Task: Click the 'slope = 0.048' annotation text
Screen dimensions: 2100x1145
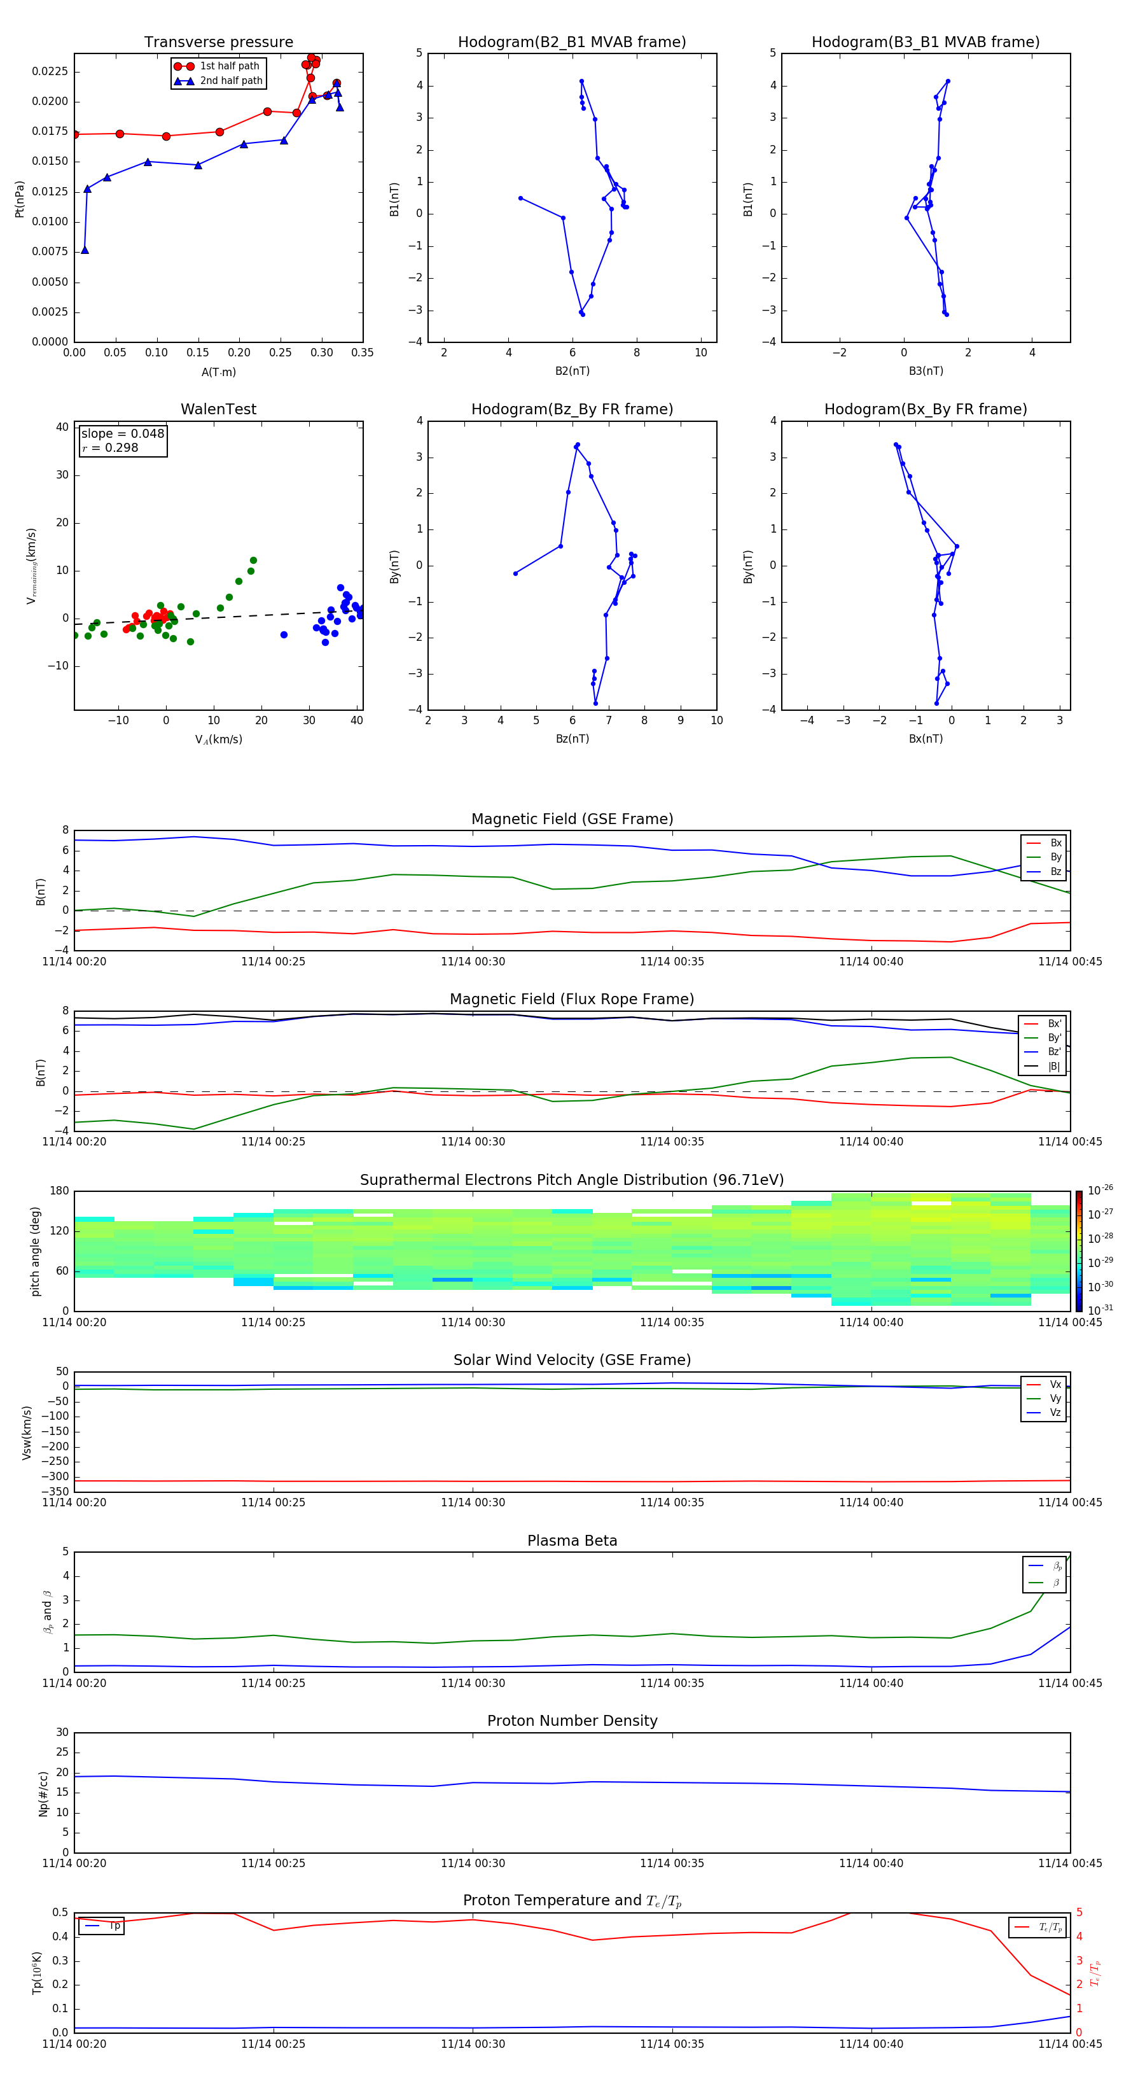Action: click(x=122, y=434)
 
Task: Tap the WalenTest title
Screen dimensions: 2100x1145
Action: click(x=218, y=409)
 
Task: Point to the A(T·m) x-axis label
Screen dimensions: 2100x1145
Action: click(x=218, y=372)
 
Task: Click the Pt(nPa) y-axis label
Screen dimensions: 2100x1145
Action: click(x=20, y=199)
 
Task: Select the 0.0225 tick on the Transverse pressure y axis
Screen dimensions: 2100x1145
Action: click(x=50, y=72)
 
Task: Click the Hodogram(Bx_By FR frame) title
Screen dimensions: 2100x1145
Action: click(x=925, y=409)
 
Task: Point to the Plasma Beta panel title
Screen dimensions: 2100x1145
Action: click(x=572, y=1541)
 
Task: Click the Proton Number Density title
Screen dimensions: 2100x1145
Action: click(x=572, y=1721)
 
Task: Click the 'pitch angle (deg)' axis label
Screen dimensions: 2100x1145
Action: click(x=36, y=1251)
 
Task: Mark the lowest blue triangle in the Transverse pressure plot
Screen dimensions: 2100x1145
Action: click(x=85, y=250)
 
